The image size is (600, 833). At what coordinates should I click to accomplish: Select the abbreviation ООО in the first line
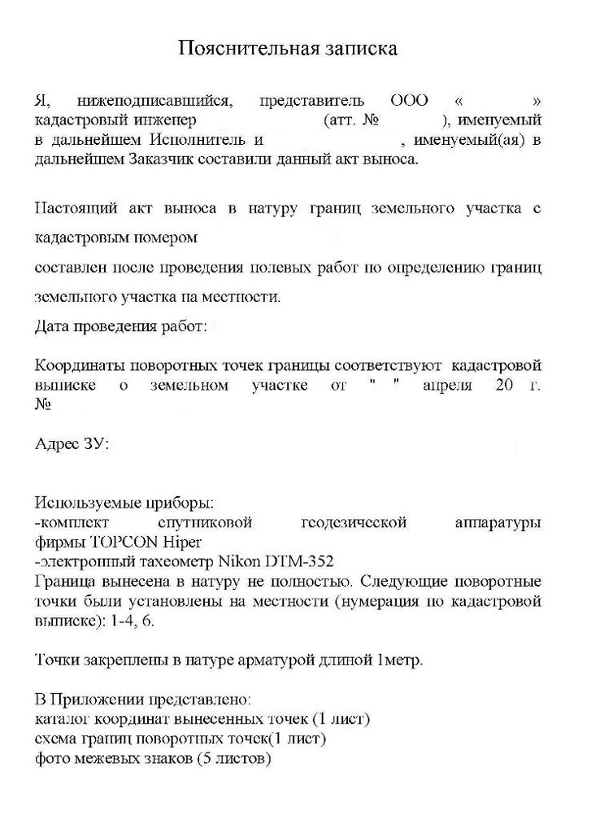[410, 102]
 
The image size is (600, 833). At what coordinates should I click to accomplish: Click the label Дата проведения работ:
[122, 327]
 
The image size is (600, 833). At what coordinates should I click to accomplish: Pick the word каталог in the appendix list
[63, 720]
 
